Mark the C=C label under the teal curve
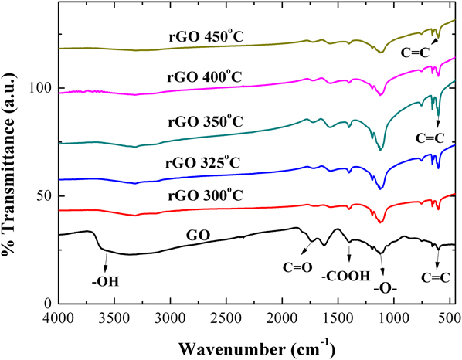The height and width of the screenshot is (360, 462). coord(430,138)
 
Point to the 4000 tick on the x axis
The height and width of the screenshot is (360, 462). coord(59,317)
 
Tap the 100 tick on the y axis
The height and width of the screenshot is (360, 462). coord(43,88)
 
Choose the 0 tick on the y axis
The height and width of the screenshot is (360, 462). coord(49,304)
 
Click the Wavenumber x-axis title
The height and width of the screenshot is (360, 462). coord(256,343)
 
